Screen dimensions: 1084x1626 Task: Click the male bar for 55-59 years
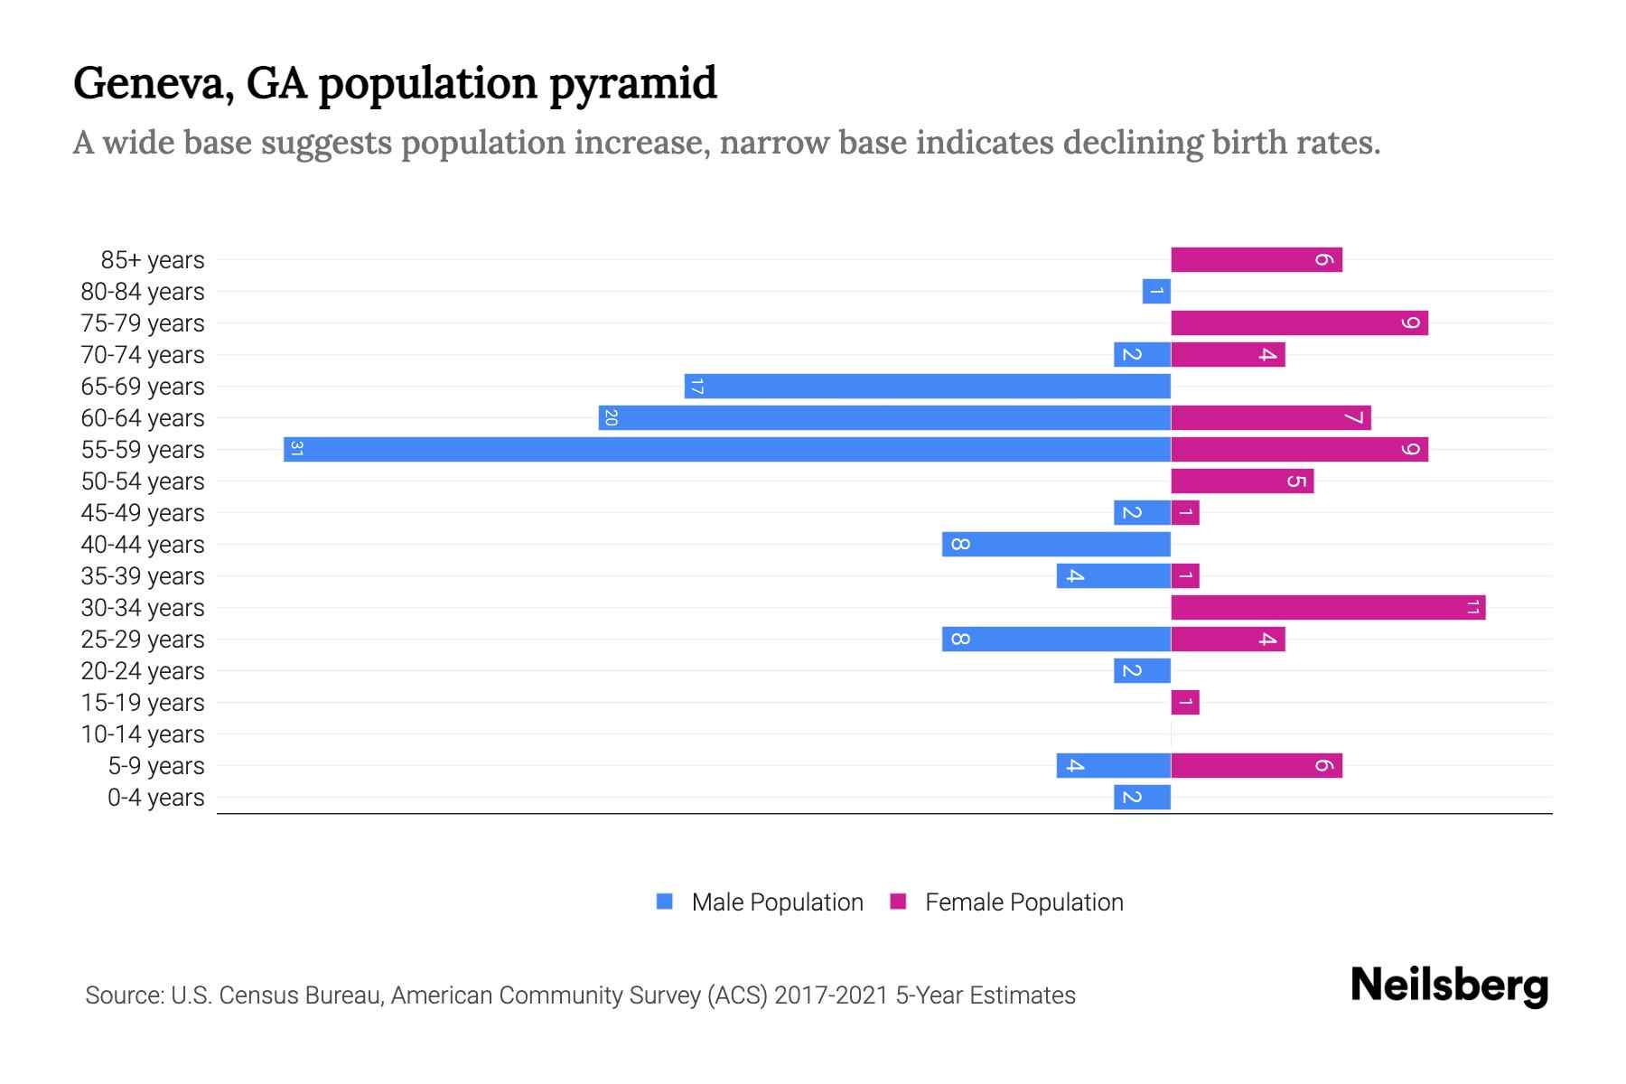(x=727, y=449)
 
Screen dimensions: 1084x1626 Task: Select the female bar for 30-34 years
(x=1328, y=607)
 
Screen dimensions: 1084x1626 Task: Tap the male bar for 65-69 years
(x=928, y=386)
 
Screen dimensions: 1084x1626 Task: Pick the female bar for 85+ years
(x=1257, y=259)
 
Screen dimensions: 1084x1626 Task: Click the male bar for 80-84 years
(x=1156, y=291)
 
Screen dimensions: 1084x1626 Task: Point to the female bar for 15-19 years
(x=1185, y=702)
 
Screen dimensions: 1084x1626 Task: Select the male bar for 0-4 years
(x=1142, y=797)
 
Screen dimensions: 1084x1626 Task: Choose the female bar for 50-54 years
(x=1242, y=481)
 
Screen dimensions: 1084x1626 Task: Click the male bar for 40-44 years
(x=1056, y=544)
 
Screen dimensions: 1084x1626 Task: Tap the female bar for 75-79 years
(x=1299, y=322)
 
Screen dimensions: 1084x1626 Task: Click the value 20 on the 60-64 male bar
(x=611, y=417)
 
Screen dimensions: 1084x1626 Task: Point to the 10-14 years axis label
(x=143, y=734)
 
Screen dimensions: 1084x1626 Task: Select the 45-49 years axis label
(x=143, y=513)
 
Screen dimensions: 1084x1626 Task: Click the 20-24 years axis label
(x=143, y=671)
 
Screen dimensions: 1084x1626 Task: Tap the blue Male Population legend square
(x=665, y=902)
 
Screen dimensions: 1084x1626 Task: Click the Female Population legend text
(x=1023, y=902)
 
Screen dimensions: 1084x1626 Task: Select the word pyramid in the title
(x=632, y=83)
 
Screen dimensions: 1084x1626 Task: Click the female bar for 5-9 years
(x=1257, y=765)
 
